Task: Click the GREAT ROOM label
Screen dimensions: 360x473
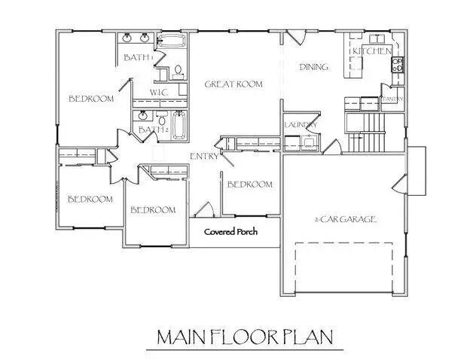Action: (x=233, y=84)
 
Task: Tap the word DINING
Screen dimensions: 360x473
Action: (x=313, y=67)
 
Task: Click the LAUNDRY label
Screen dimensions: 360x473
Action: (x=300, y=125)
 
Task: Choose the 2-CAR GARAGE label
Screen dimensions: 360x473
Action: (x=346, y=219)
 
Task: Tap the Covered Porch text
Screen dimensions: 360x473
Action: (x=231, y=232)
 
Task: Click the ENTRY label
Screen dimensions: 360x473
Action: (x=204, y=157)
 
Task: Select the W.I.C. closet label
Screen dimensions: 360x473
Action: (x=158, y=93)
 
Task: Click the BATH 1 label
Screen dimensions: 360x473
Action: (x=139, y=57)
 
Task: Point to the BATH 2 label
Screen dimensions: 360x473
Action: (x=151, y=130)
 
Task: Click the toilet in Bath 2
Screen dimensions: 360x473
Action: (x=161, y=119)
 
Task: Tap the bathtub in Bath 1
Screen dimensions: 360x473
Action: (x=173, y=41)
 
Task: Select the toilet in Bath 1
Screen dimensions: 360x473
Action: (x=178, y=71)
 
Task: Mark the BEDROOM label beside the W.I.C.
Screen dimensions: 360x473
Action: (x=91, y=99)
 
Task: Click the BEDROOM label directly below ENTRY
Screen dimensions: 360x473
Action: (x=249, y=185)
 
